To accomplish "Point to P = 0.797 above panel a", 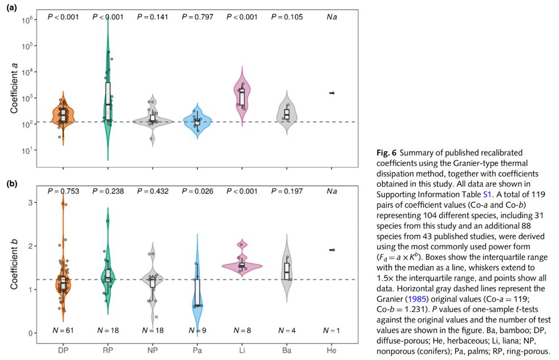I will click(197, 17).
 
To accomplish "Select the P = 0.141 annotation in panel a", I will click(153, 17).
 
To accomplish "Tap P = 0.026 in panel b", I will click(197, 192).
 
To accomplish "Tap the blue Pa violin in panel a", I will click(197, 122).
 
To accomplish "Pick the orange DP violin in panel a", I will click(63, 115).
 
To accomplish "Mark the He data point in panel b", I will click(333, 250).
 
